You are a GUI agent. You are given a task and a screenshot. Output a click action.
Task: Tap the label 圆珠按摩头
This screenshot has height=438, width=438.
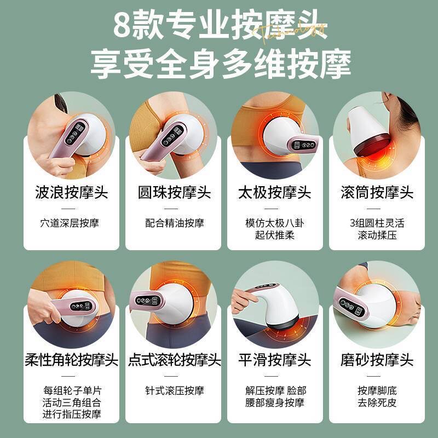[171, 193]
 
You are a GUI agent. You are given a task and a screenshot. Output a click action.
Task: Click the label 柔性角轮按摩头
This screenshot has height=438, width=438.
[71, 360]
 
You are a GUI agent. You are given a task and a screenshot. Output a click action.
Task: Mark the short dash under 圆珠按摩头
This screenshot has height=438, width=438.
[171, 209]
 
